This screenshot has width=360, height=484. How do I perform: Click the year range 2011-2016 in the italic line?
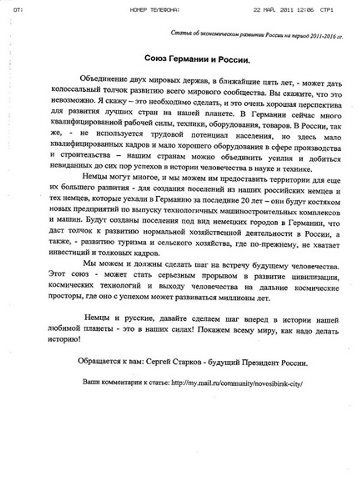point(322,36)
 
